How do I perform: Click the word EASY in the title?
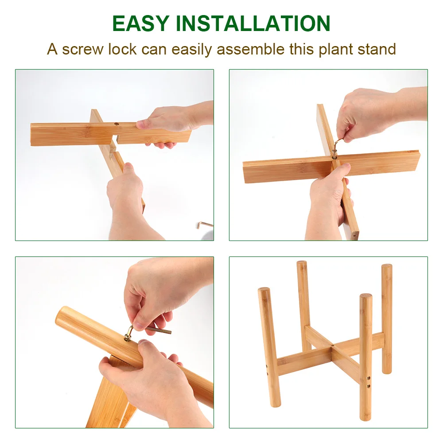pos(141,23)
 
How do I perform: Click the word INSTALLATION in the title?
pos(253,23)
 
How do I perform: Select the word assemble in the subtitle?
pos(250,49)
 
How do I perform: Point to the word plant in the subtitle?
pos(336,50)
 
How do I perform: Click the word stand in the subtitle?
pos(377,49)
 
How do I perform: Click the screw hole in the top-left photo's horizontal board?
pos(116,124)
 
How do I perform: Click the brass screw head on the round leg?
pos(128,337)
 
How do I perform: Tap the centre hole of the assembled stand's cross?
pos(333,345)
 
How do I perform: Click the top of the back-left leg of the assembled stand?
pos(301,263)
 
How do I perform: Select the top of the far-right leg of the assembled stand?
pos(387,266)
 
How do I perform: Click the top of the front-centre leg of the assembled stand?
pos(365,296)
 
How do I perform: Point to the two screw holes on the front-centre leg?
pos(368,382)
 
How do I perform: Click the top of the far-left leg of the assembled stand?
pos(264,290)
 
